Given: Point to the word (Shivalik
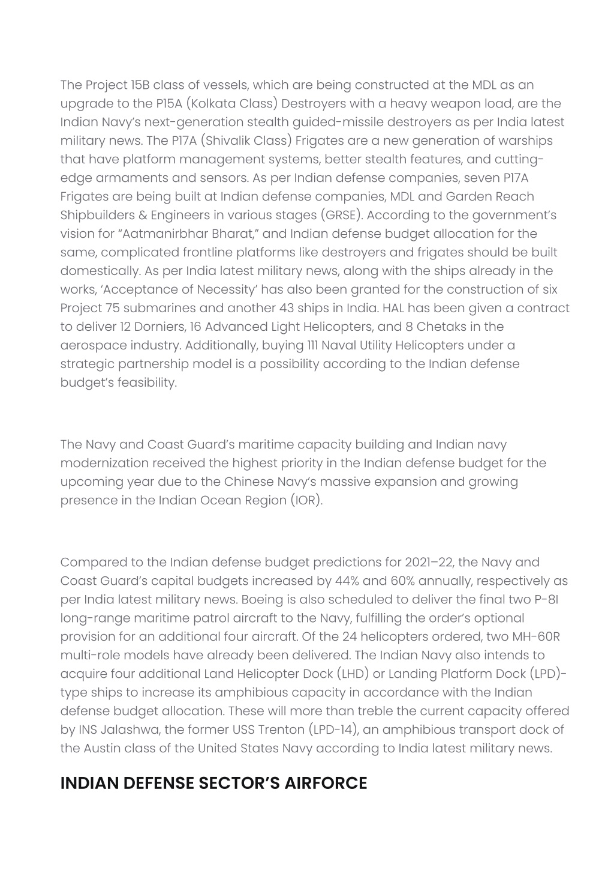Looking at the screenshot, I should pos(228,140).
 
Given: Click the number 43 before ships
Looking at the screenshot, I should pos(286,308).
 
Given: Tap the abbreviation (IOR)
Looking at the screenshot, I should pos(306,500).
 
